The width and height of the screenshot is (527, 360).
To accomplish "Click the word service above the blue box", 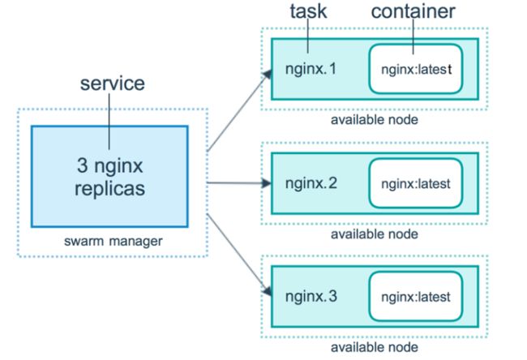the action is [112, 84].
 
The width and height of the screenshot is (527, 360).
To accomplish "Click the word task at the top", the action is [308, 11].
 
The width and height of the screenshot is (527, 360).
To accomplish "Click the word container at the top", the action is [413, 11].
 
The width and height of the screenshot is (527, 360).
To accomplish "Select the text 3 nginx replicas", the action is [109, 177].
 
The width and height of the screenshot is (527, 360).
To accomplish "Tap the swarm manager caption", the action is [114, 241].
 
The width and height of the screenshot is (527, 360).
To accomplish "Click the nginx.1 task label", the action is [311, 70].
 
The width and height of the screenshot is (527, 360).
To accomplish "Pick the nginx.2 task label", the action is [311, 184].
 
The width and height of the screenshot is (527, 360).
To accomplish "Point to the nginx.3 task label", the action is [311, 297].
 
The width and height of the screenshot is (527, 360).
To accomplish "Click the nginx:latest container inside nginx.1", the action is [416, 69].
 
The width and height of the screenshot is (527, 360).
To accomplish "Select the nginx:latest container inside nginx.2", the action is [416, 183].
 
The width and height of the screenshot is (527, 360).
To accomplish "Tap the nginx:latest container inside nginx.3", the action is [416, 297].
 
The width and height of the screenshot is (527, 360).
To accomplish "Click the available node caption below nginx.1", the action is [375, 120].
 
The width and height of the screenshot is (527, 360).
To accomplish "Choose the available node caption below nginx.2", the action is [375, 234].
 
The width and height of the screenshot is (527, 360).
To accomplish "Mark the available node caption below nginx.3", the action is [375, 347].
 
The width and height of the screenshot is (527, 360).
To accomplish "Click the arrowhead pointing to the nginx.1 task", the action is [268, 74].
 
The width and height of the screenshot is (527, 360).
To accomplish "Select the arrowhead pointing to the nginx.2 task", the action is [267, 183].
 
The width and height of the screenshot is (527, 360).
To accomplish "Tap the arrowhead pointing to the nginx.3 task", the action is [268, 291].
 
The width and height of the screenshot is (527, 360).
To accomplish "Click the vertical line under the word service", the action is [109, 122].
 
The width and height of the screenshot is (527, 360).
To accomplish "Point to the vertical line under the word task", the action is [308, 36].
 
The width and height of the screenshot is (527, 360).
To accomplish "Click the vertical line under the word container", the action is [413, 36].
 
